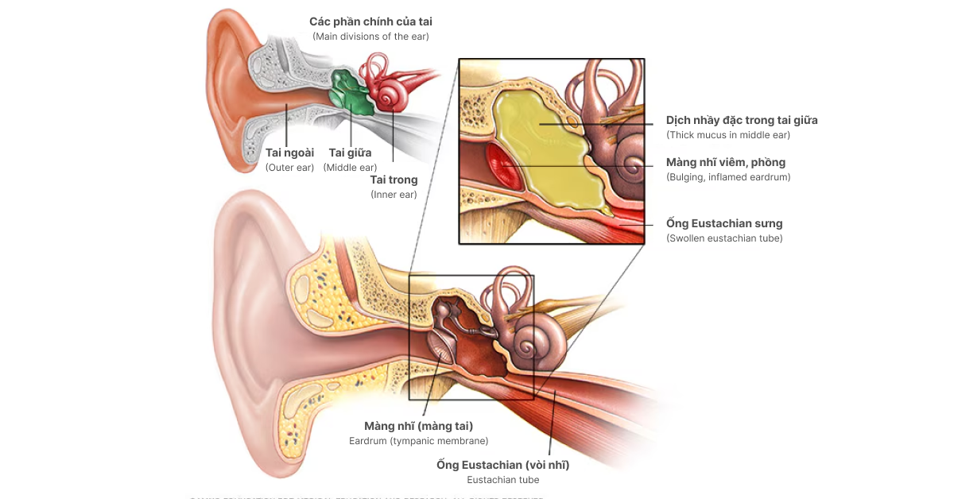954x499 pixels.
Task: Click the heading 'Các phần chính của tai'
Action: [x=370, y=21]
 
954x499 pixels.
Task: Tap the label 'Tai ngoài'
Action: [x=289, y=153]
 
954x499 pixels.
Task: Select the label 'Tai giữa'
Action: [x=350, y=153]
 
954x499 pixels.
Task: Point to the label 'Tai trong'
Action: [x=394, y=180]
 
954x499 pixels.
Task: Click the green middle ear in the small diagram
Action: [x=350, y=91]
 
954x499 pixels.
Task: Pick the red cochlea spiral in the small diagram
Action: [x=391, y=95]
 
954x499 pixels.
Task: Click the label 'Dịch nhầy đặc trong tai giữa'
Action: [x=742, y=121]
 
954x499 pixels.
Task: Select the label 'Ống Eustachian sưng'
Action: [x=724, y=224]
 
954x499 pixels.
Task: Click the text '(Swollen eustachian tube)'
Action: [x=724, y=238]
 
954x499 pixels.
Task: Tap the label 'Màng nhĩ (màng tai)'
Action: [x=418, y=426]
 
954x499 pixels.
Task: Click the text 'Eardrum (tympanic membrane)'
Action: [x=418, y=441]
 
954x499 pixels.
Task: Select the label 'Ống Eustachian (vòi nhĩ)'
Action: [x=502, y=465]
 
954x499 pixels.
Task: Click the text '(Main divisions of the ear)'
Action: [x=370, y=37]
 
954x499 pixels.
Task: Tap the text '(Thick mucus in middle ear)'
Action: [x=728, y=135]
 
